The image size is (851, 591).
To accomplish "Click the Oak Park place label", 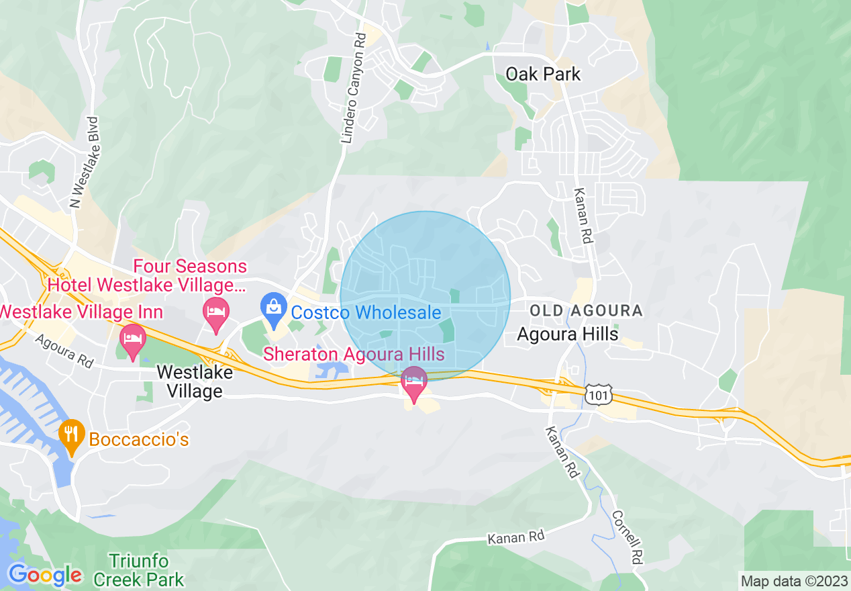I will click(x=542, y=74).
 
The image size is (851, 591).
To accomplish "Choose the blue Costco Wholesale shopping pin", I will click(x=273, y=310).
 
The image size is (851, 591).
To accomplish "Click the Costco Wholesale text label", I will click(x=366, y=312).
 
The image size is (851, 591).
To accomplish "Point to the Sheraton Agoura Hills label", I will click(x=354, y=353).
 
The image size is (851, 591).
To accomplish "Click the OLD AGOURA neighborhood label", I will click(x=586, y=311).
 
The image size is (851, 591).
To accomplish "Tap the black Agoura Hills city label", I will click(x=568, y=334).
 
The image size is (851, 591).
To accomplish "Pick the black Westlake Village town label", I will click(x=195, y=381).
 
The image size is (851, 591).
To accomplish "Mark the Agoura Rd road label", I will click(x=64, y=350).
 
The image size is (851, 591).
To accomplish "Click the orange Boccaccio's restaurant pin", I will click(x=71, y=435).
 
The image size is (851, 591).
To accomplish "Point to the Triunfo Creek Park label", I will click(x=139, y=570).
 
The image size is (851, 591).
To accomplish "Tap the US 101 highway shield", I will click(x=597, y=395).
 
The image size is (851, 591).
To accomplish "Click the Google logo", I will click(x=44, y=575).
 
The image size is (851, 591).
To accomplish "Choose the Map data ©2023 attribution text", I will click(x=794, y=581).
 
